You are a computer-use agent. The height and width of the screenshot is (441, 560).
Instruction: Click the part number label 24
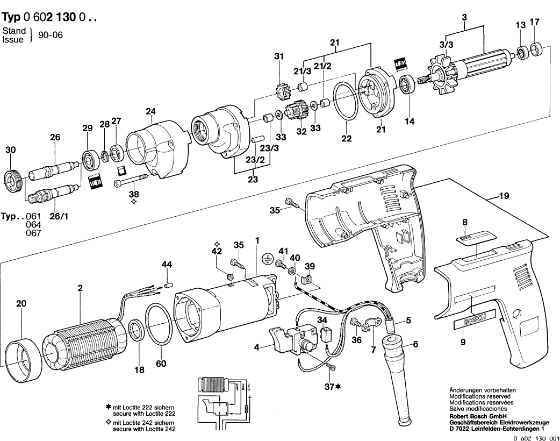tap(150, 112)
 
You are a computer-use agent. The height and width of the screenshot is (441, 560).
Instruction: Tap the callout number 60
tap(161, 364)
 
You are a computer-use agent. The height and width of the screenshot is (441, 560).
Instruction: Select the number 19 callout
tap(504, 197)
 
